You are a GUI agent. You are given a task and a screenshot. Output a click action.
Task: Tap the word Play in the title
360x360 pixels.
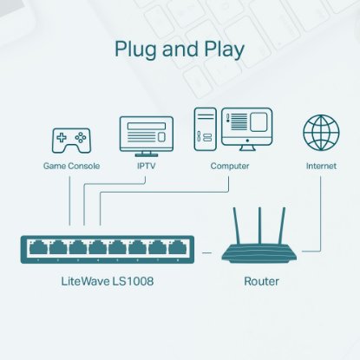pos(219,49)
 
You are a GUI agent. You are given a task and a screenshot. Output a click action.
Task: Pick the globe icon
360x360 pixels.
pos(320,134)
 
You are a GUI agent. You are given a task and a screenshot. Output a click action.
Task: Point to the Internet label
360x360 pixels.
pos(320,165)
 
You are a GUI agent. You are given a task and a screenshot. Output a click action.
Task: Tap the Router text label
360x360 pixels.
pos(261,282)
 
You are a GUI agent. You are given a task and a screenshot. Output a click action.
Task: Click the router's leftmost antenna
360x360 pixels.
pos(239,226)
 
